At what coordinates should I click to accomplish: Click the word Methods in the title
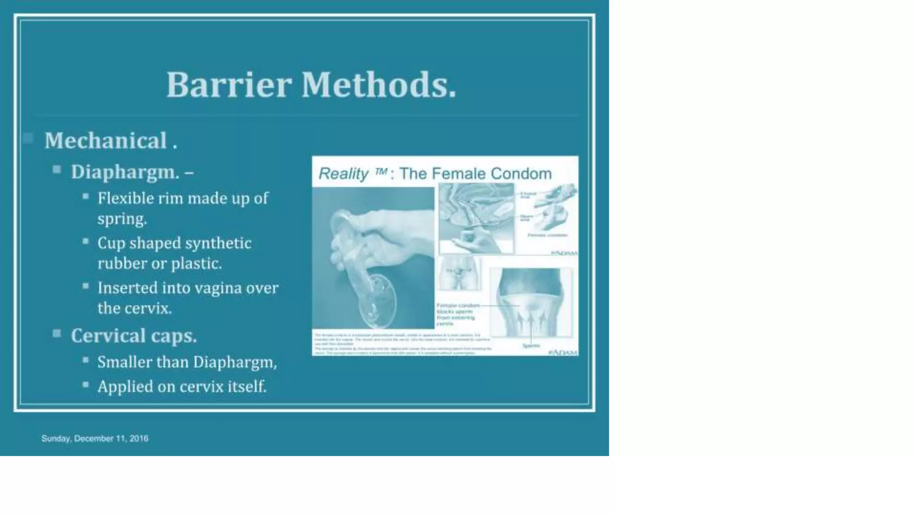(x=378, y=85)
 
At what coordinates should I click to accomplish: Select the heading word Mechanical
(x=106, y=141)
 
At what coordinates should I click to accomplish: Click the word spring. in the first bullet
(x=122, y=219)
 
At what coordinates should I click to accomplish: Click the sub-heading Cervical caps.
(x=134, y=336)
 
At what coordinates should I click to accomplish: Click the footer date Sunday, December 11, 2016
(x=95, y=439)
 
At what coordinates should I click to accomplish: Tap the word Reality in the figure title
(x=343, y=173)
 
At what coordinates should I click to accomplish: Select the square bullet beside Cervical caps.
(x=57, y=333)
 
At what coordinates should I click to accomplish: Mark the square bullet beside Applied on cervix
(x=85, y=384)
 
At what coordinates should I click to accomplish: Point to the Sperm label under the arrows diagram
(x=531, y=346)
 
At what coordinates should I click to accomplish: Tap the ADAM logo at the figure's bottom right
(x=563, y=352)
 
